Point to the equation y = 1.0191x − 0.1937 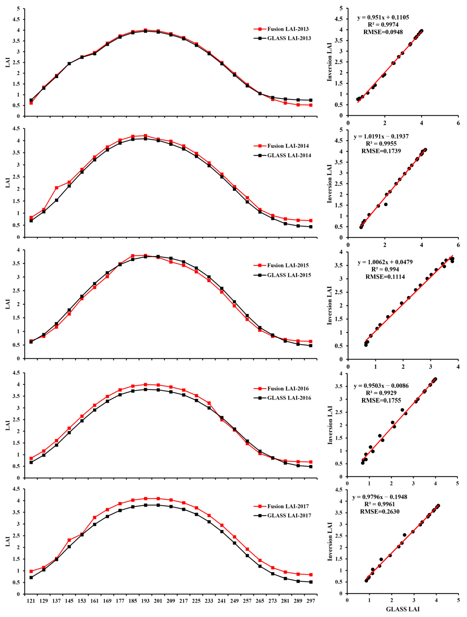click(x=381, y=137)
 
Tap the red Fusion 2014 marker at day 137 click(x=57, y=188)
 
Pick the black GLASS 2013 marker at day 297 click(x=311, y=100)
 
